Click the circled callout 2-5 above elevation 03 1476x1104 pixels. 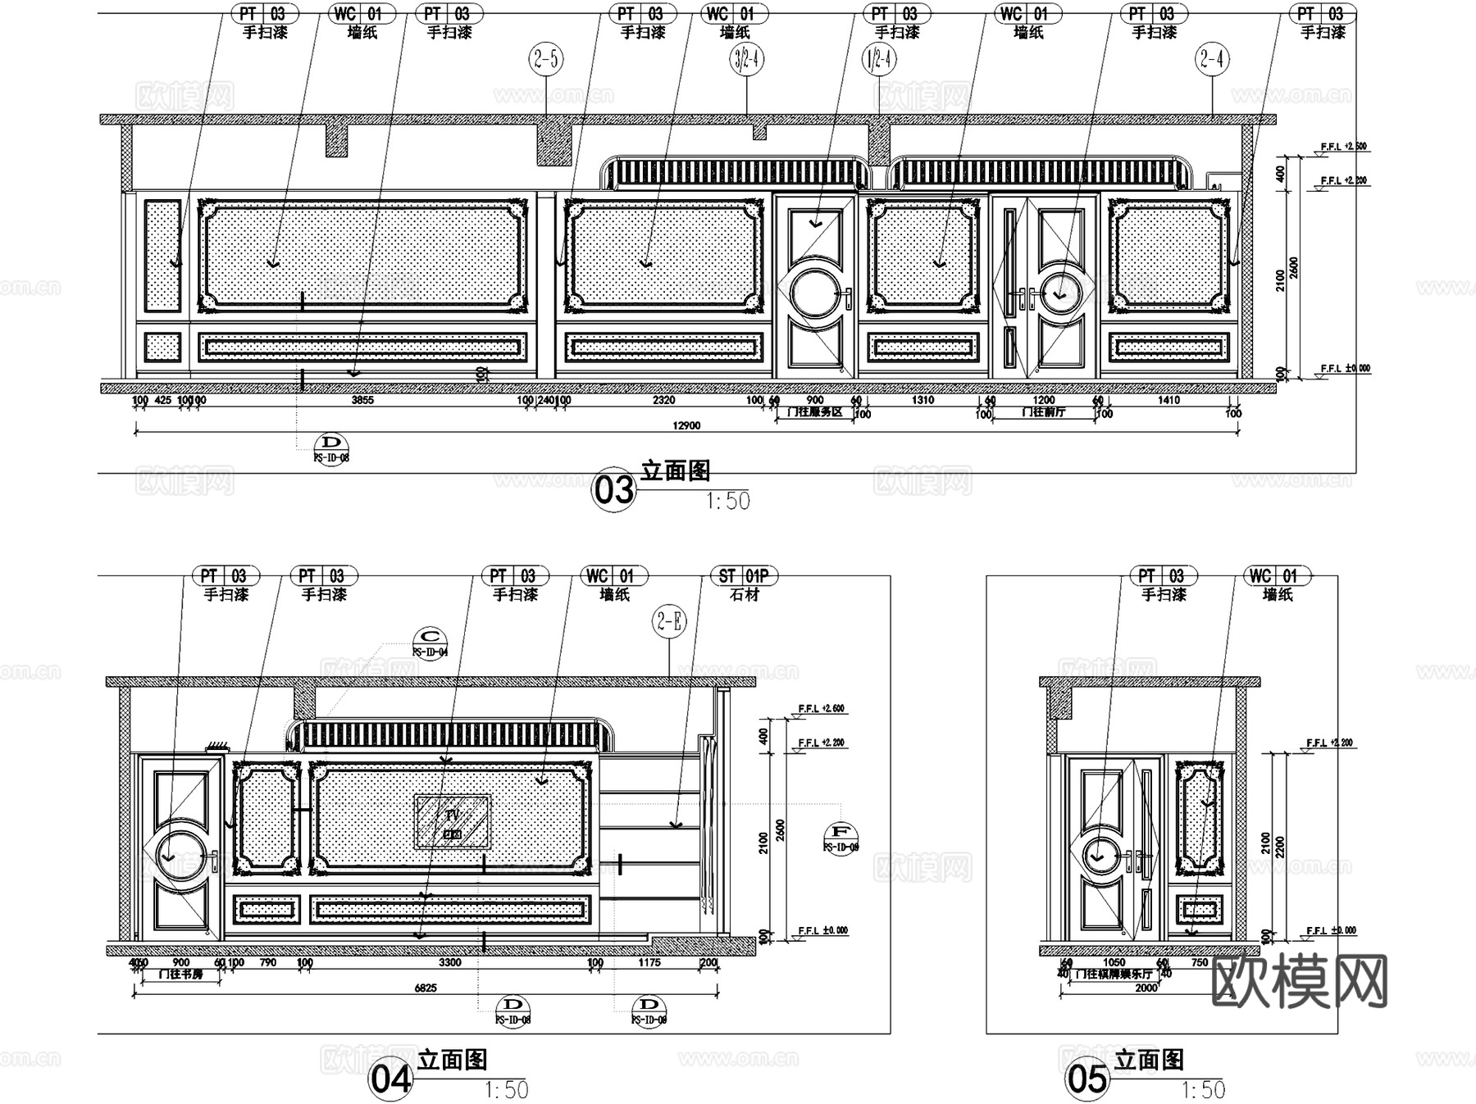pyautogui.click(x=546, y=59)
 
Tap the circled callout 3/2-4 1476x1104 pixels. pyautogui.click(x=746, y=59)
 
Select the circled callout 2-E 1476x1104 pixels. pyautogui.click(x=670, y=621)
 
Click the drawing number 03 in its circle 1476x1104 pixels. pyautogui.click(x=614, y=490)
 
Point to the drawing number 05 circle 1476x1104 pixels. pyautogui.click(x=1087, y=1079)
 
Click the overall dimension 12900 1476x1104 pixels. pyautogui.click(x=686, y=425)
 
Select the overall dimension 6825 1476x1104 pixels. pyautogui.click(x=425, y=988)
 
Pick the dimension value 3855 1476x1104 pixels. pyautogui.click(x=362, y=400)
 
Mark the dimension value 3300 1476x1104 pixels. pyautogui.click(x=449, y=963)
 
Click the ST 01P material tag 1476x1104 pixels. pyautogui.click(x=744, y=576)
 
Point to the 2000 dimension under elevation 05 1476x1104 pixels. pyautogui.click(x=1146, y=988)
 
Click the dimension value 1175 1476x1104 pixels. pyautogui.click(x=649, y=963)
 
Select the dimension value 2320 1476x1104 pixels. pyautogui.click(x=663, y=400)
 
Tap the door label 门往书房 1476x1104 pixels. pyautogui.click(x=180, y=975)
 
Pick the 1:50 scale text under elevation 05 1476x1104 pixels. pyautogui.click(x=1203, y=1090)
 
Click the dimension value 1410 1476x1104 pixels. pyautogui.click(x=1168, y=400)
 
